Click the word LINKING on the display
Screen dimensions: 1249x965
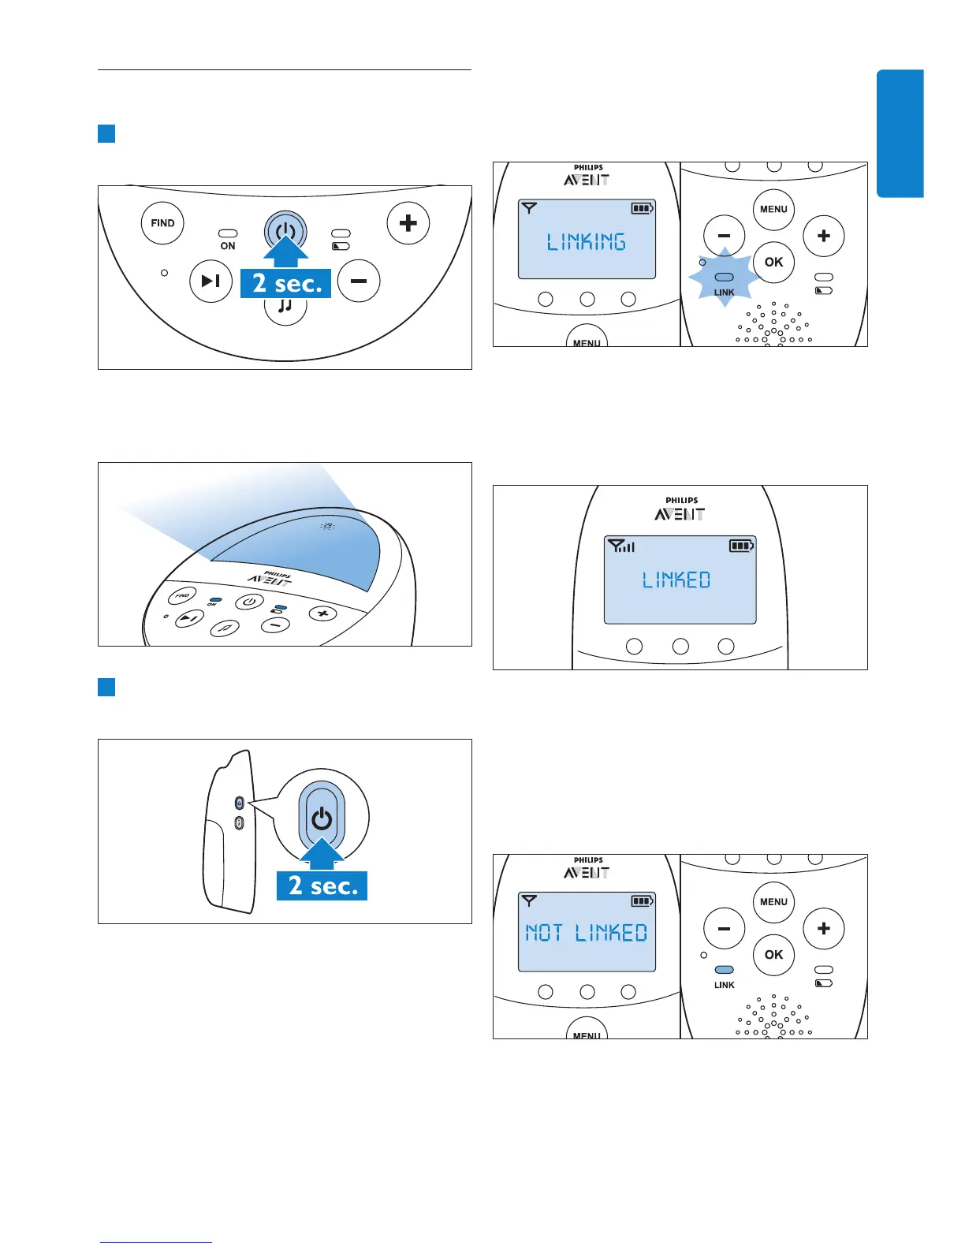(587, 242)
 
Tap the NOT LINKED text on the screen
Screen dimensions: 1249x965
(587, 933)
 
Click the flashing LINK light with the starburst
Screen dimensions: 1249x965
(724, 278)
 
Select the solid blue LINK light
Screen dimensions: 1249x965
(724, 970)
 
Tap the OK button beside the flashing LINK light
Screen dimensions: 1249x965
(773, 262)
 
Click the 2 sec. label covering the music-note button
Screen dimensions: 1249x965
(286, 283)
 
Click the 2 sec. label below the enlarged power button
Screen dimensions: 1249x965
(322, 885)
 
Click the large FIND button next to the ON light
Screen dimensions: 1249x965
(162, 223)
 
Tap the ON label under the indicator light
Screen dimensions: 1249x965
(228, 246)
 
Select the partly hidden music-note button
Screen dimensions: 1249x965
(285, 309)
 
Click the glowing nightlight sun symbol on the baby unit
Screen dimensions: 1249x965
(328, 526)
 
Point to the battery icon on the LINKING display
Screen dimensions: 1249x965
(642, 208)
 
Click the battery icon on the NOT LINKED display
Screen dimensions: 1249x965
(642, 900)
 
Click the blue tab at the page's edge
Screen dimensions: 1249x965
(900, 133)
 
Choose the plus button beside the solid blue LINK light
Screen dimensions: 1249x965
(823, 928)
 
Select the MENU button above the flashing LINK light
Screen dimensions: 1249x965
(773, 209)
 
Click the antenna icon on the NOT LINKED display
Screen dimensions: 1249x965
(529, 900)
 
